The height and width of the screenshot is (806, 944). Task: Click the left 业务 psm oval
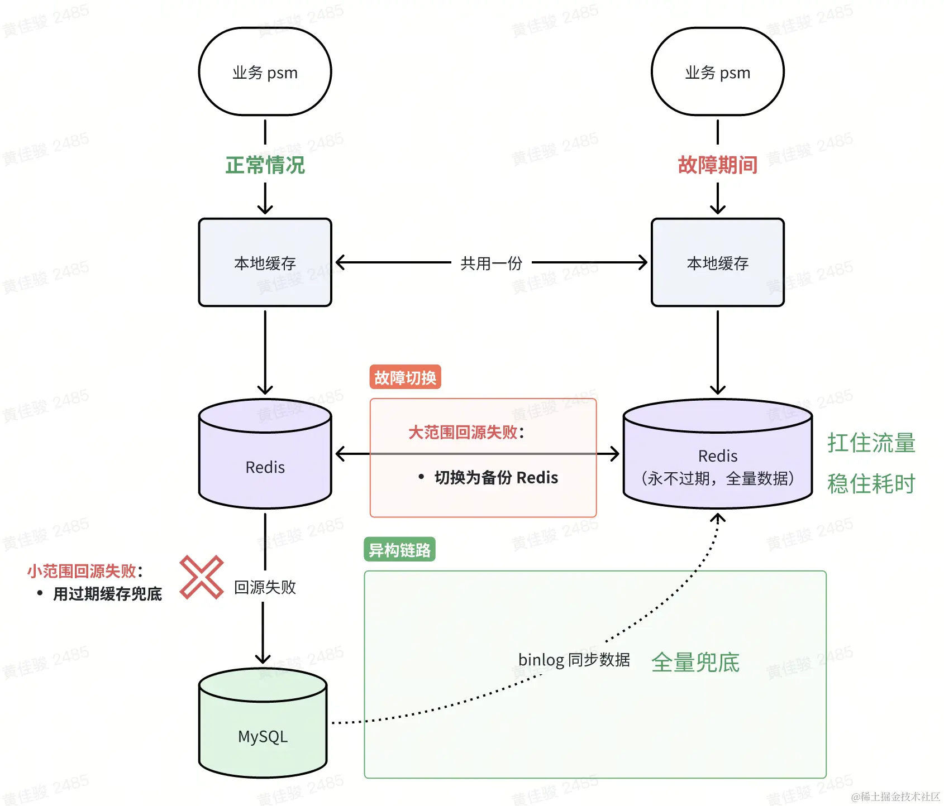tap(265, 72)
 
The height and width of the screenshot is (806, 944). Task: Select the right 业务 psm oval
tap(717, 72)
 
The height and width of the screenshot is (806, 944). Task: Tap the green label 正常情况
tap(265, 165)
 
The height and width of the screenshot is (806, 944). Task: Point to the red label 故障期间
tap(717, 165)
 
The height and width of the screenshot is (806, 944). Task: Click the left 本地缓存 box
tap(265, 262)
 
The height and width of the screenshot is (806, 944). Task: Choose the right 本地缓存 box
tap(717, 262)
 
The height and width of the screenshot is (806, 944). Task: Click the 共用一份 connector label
tap(491, 263)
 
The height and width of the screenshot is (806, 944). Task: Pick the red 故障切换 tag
tap(405, 377)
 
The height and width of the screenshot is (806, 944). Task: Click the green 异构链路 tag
tap(399, 550)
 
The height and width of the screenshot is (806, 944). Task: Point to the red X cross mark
tap(202, 577)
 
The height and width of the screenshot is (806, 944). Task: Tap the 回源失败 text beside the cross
tap(265, 587)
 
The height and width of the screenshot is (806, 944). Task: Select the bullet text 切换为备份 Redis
tap(496, 478)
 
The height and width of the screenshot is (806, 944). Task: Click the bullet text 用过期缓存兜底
tap(107, 594)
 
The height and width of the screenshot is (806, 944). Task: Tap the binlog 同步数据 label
tap(574, 660)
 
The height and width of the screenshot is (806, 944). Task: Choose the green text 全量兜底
tap(695, 663)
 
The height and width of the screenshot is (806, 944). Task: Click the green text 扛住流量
tap(871, 443)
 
